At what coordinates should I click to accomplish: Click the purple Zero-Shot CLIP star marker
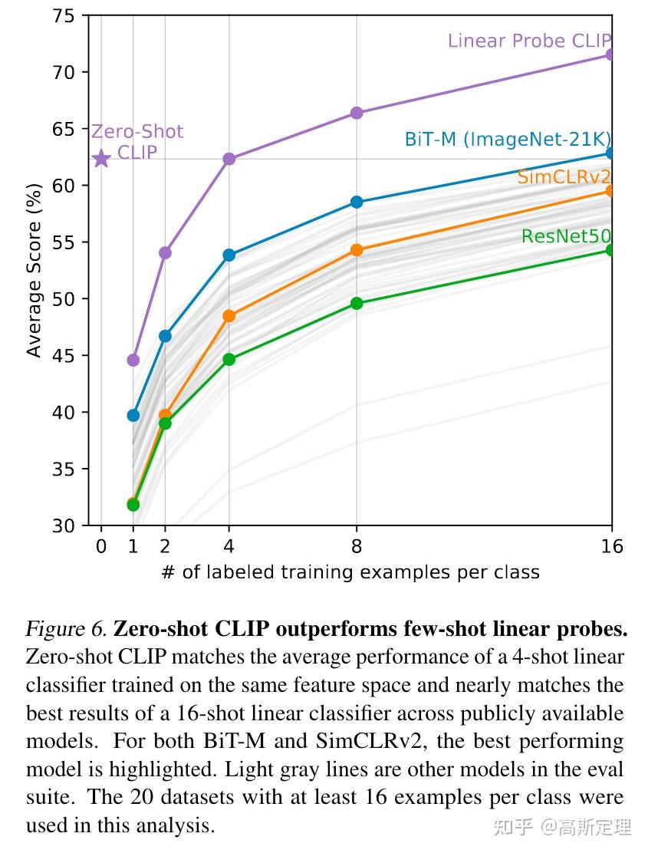pyautogui.click(x=101, y=159)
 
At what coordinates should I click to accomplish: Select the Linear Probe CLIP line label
pyautogui.click(x=529, y=41)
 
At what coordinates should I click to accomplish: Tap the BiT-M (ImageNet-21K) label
pyautogui.click(x=507, y=140)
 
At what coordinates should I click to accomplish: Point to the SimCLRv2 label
pyautogui.click(x=564, y=177)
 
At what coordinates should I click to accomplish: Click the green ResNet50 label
pyautogui.click(x=566, y=236)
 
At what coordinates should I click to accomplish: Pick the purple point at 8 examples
pyautogui.click(x=357, y=113)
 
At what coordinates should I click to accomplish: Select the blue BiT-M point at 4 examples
pyautogui.click(x=229, y=255)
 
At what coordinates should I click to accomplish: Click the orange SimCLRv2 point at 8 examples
pyautogui.click(x=357, y=250)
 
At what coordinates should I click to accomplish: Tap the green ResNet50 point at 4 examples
pyautogui.click(x=229, y=359)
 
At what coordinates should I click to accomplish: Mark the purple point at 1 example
pyautogui.click(x=133, y=360)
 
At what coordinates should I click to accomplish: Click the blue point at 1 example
pyautogui.click(x=133, y=415)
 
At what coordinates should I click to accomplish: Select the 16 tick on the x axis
pyautogui.click(x=611, y=547)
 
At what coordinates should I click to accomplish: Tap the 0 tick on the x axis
pyautogui.click(x=101, y=547)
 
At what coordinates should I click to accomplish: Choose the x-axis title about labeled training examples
pyautogui.click(x=350, y=572)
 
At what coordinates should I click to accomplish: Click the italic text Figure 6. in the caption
pyautogui.click(x=66, y=630)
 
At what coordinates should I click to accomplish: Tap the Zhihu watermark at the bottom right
pyautogui.click(x=563, y=827)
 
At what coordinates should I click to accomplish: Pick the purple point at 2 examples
pyautogui.click(x=165, y=252)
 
